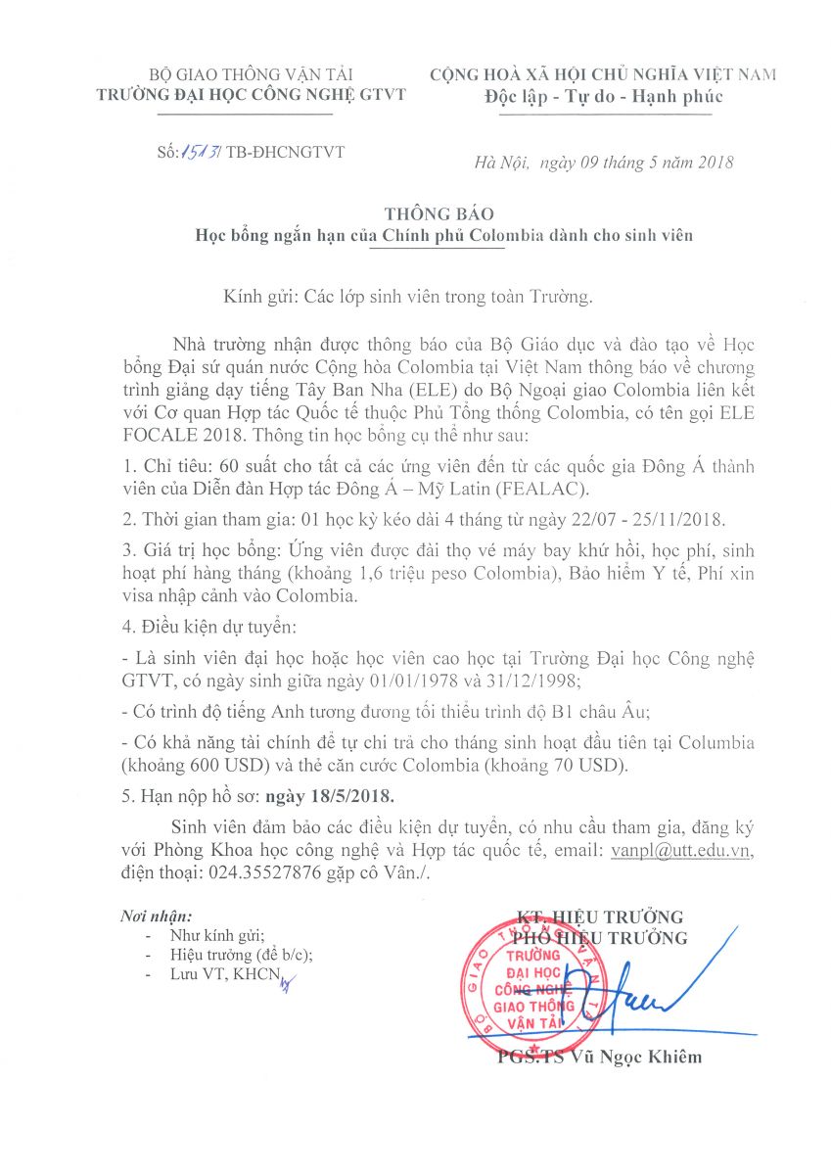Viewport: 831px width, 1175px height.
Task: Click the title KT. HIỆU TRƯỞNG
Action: pyautogui.click(x=600, y=917)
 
